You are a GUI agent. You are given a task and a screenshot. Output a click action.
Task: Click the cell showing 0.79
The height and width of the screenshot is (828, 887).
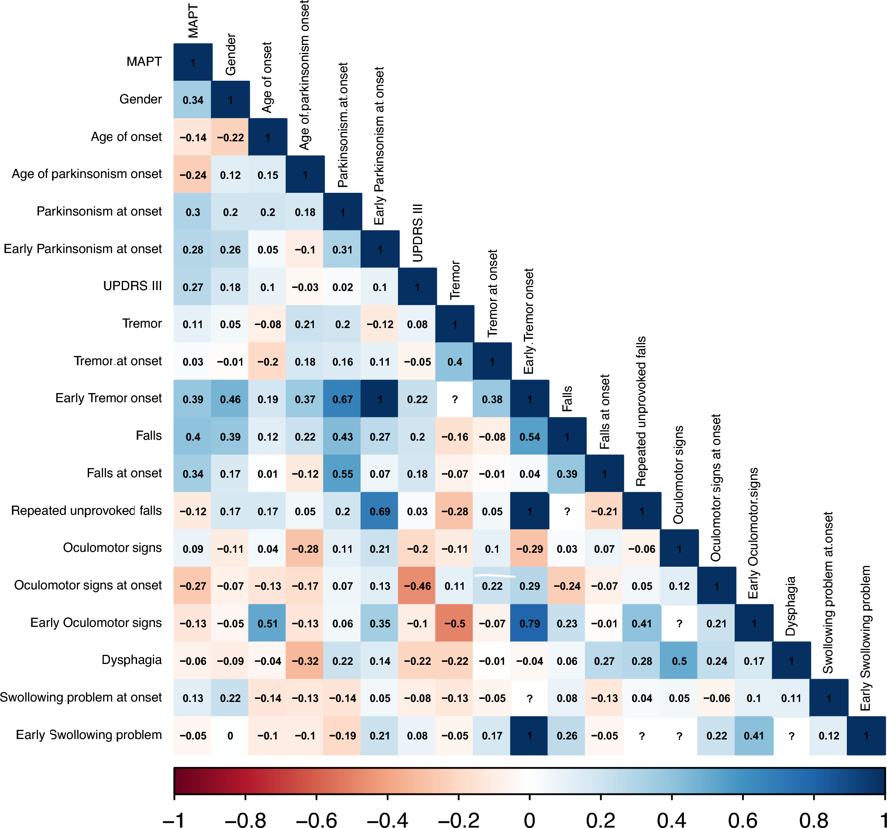click(x=529, y=623)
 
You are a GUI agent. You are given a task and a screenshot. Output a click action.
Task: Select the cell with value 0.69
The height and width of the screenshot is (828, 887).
click(x=380, y=511)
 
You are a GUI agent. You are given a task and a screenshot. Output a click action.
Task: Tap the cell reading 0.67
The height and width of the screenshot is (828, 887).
click(x=342, y=399)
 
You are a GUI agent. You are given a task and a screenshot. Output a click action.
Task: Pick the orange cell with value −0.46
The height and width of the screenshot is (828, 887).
click(x=417, y=585)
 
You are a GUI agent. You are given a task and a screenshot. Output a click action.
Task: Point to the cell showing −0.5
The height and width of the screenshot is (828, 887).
click(x=454, y=623)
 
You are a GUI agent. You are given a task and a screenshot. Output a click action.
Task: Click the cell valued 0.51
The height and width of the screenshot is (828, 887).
click(x=267, y=623)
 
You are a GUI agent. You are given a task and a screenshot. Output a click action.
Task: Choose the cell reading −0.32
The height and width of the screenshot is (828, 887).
click(x=305, y=660)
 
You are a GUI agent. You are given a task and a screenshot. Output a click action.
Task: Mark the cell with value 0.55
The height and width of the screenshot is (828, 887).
click(x=342, y=473)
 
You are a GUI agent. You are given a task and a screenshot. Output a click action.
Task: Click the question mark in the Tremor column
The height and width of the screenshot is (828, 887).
click(x=454, y=399)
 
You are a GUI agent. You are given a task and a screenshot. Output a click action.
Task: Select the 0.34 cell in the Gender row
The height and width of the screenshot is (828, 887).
click(x=193, y=100)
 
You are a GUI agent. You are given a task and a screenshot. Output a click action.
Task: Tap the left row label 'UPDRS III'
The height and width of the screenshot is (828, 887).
click(x=132, y=286)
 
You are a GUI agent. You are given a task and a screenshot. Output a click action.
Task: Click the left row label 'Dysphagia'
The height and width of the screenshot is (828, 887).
click(x=132, y=660)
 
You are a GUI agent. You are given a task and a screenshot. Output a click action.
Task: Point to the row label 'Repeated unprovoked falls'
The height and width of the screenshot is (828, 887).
click(x=86, y=510)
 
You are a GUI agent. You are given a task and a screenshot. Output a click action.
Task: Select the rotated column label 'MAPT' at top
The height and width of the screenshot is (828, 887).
click(x=193, y=21)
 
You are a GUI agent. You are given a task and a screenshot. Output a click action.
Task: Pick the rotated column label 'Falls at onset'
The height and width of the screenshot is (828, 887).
click(x=605, y=411)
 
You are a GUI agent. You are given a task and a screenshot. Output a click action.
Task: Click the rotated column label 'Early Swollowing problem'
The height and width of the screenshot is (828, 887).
click(x=866, y=638)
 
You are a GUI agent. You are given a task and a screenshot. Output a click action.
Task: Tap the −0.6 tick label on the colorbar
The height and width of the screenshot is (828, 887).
click(x=316, y=819)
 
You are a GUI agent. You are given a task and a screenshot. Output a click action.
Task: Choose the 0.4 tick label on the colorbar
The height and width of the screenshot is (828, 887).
click(x=671, y=819)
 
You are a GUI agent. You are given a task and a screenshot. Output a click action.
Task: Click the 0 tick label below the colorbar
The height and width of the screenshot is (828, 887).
click(x=529, y=819)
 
